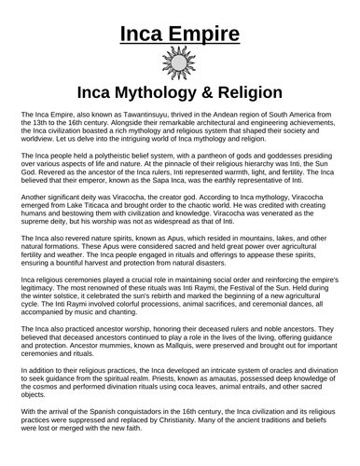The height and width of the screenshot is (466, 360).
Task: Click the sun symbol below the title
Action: [180, 65]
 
